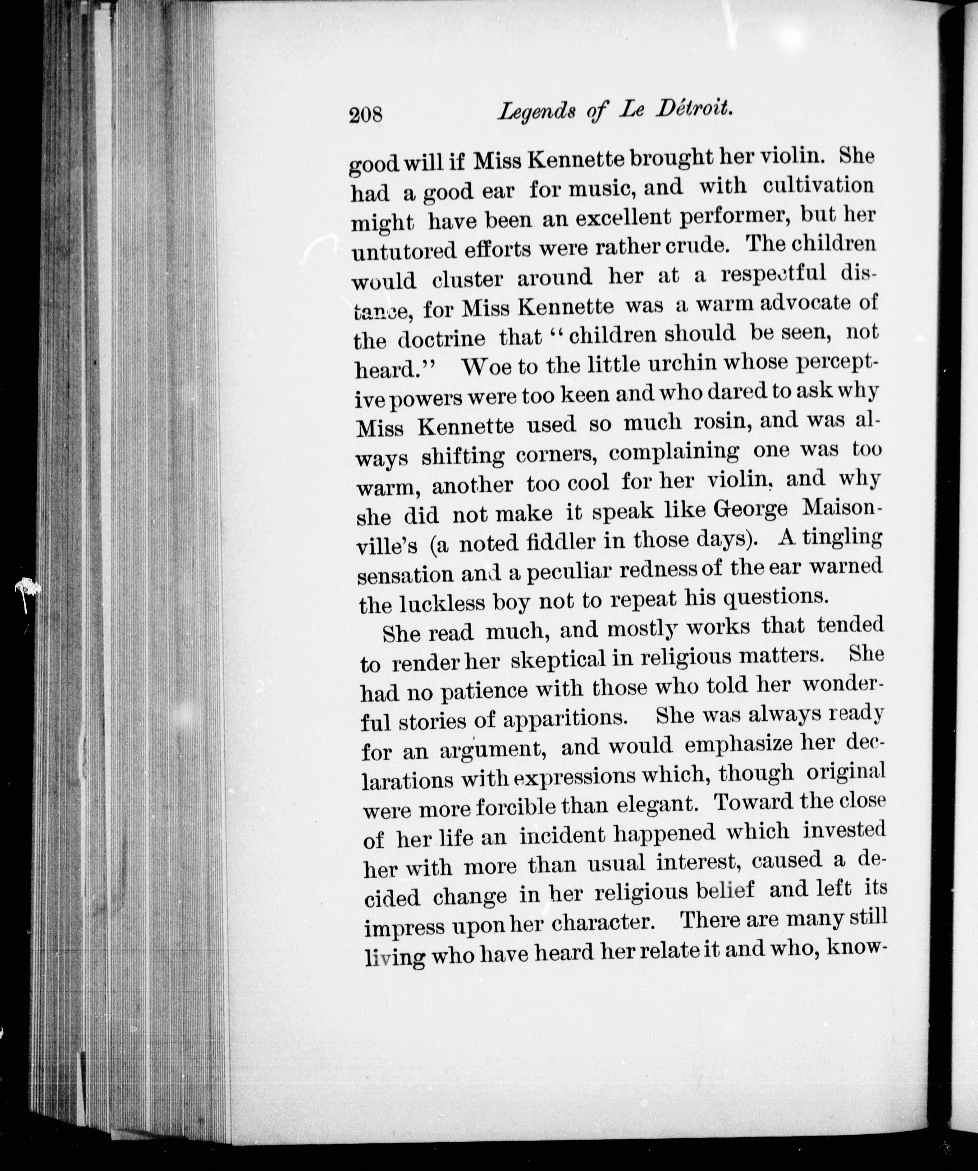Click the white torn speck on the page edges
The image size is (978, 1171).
click(x=27, y=589)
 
